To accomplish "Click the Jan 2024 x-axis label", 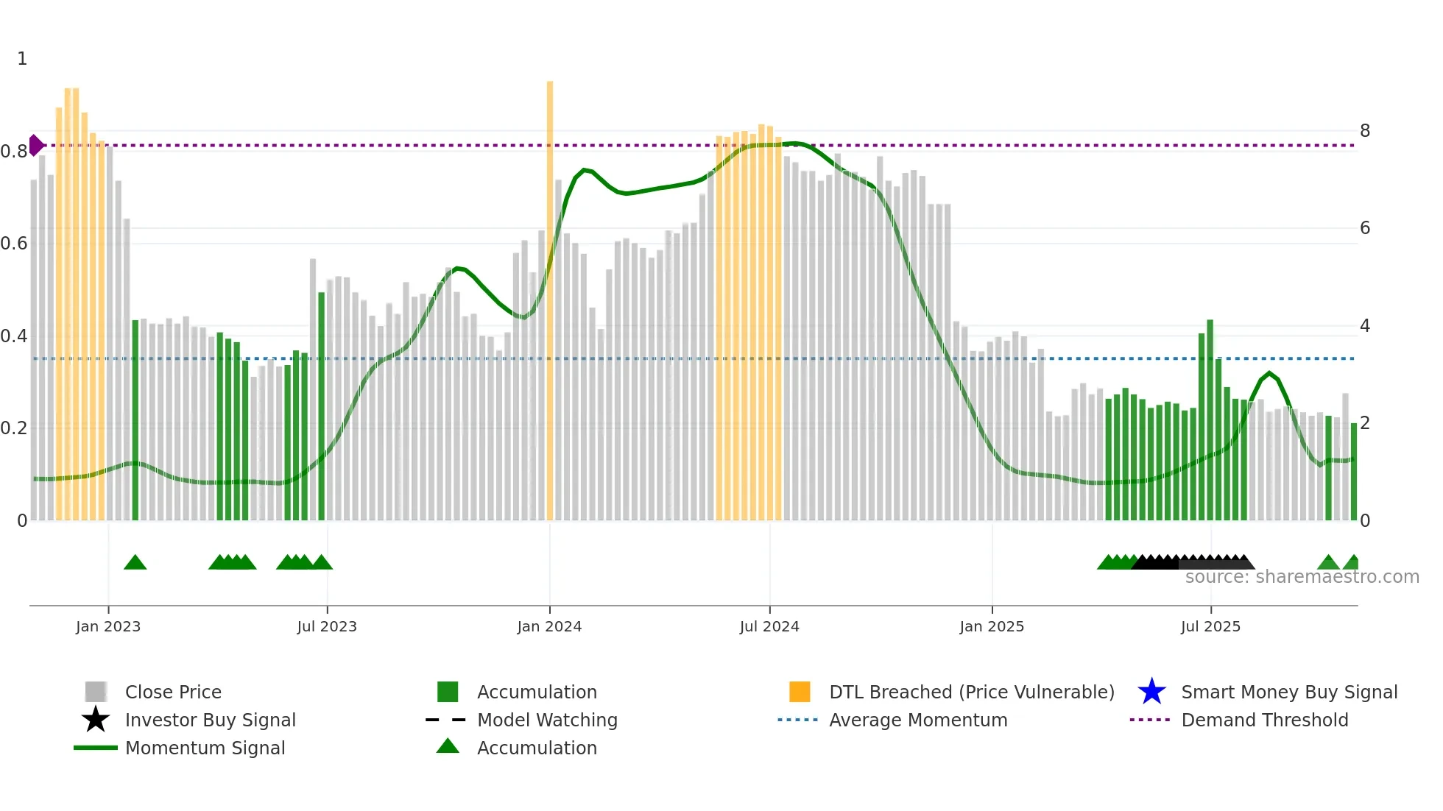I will (x=549, y=626).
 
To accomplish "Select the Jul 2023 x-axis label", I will (x=327, y=626).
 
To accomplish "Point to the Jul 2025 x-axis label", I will (x=1210, y=626).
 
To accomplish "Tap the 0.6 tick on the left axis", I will (x=14, y=244).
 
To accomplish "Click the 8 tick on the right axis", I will (x=1365, y=131).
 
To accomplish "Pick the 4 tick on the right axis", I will (x=1365, y=326).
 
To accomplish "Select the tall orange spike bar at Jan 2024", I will (x=550, y=294).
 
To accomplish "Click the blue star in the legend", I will (x=1151, y=692).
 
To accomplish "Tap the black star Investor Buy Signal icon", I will (x=96, y=720).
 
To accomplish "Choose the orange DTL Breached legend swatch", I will (x=800, y=692).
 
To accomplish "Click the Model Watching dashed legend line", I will (x=446, y=720).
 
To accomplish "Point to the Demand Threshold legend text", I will (x=1264, y=720).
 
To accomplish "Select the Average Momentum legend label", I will (x=918, y=720).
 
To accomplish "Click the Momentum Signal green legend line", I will (x=96, y=748).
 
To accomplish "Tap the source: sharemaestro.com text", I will (x=1302, y=577).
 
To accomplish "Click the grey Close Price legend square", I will (x=96, y=692).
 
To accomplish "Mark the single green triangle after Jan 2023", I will (x=135, y=563).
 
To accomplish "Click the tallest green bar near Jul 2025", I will (x=1210, y=419).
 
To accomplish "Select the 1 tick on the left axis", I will (x=22, y=59).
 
